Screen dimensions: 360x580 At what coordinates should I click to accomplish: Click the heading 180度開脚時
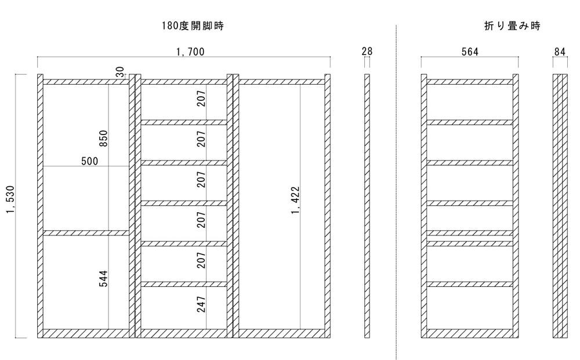pos(193,26)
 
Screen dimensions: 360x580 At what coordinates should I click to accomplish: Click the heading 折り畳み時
pos(512,26)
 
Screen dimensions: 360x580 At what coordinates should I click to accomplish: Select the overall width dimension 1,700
pos(190,52)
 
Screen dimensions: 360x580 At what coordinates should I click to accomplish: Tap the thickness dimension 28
pos(367,52)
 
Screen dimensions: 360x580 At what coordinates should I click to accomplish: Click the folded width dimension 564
pos(470,52)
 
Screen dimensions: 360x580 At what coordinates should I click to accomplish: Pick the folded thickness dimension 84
pos(560,52)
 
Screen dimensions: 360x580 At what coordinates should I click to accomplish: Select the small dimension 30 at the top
pos(119,71)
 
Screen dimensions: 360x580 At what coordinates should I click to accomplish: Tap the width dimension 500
pos(89,161)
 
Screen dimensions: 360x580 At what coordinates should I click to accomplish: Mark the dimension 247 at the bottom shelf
pos(201,304)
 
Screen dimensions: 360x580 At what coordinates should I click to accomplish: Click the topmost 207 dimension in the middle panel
pos(201,100)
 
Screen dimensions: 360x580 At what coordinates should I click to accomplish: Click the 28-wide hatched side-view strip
pos(367,206)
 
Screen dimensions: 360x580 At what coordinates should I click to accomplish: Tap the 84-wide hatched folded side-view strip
pos(560,206)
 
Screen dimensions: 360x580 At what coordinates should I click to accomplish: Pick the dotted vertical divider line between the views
pos(396,191)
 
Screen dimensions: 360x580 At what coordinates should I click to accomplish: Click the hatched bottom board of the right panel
pos(281,333)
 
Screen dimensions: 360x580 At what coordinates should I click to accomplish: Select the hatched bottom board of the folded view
pos(470,333)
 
